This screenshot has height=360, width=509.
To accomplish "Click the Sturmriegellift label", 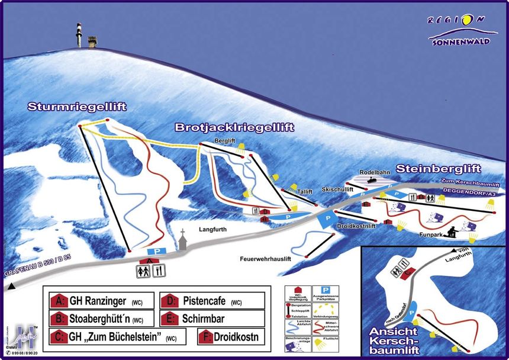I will pyautogui.click(x=77, y=107).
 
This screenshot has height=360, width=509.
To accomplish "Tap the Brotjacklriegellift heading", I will pyautogui.click(x=234, y=127).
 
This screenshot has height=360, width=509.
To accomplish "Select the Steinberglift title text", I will pyautogui.click(x=438, y=169).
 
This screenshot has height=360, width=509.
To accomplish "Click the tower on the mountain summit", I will pyautogui.click(x=79, y=36).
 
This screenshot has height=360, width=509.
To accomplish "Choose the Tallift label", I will pyautogui.click(x=305, y=192).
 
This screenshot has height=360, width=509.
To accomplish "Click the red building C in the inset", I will pyautogui.click(x=405, y=274).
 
